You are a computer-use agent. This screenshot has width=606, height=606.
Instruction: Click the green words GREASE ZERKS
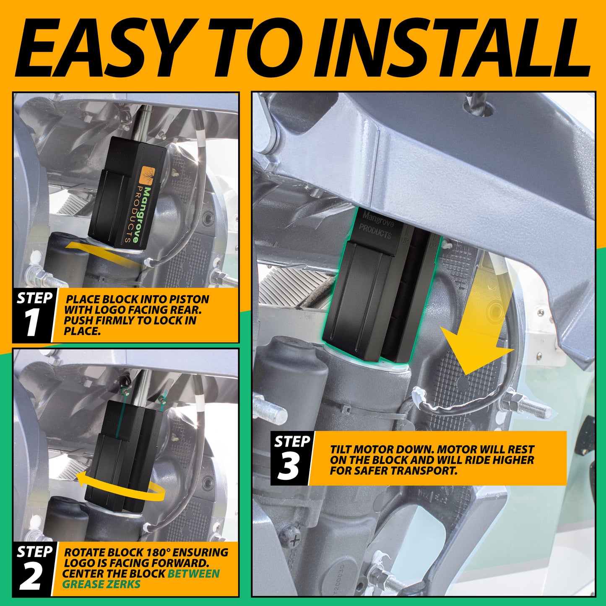(x=101, y=584)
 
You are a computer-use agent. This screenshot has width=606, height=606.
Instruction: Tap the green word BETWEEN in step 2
(x=193, y=574)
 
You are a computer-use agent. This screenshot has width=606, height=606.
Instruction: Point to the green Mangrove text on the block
(x=145, y=214)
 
